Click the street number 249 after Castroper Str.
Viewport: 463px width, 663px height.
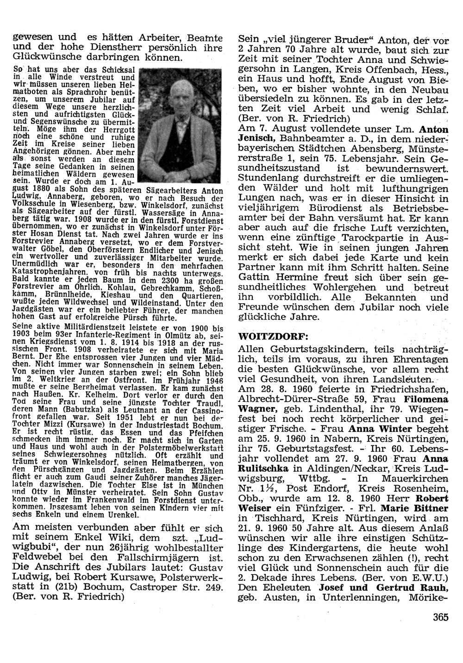coord(213,588)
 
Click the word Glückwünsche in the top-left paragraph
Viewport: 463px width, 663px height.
coord(41,58)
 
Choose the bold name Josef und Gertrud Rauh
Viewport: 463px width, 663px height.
coord(383,588)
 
